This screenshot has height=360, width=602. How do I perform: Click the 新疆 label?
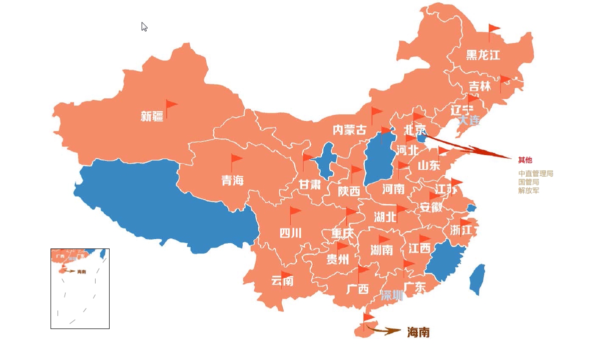[x=152, y=116]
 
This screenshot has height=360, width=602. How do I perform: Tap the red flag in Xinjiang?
[x=171, y=105]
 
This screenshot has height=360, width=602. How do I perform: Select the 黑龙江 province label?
[x=483, y=55]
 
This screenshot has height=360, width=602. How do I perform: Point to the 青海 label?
[x=233, y=180]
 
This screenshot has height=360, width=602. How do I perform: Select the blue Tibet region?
[x=165, y=200]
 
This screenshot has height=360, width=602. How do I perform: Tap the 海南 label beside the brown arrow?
[x=418, y=332]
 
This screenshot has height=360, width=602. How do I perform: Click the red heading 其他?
[x=525, y=160]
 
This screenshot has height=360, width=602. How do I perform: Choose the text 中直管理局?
[x=535, y=174]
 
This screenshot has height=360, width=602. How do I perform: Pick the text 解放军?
[x=528, y=190]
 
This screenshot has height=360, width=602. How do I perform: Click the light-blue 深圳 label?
[x=391, y=295]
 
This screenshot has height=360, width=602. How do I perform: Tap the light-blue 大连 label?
[x=469, y=120]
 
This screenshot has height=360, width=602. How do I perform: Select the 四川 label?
[x=290, y=233]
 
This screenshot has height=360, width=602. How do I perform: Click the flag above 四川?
[x=295, y=212]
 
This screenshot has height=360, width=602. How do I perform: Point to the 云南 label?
[x=282, y=281]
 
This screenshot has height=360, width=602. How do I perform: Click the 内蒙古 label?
[x=349, y=130]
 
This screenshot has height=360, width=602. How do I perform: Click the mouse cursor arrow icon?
[x=144, y=26]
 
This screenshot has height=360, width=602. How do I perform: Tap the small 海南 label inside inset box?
[x=82, y=271]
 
